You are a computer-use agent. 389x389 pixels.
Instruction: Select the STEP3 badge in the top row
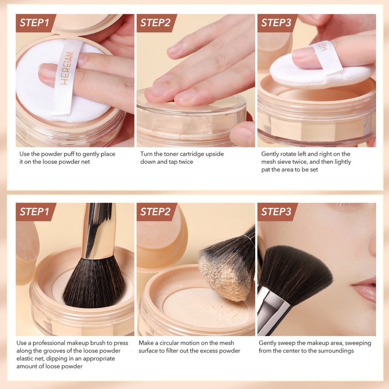(277, 23)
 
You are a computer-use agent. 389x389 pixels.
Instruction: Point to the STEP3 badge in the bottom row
(277, 212)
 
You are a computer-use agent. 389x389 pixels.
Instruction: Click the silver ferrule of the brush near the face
(273, 308)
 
